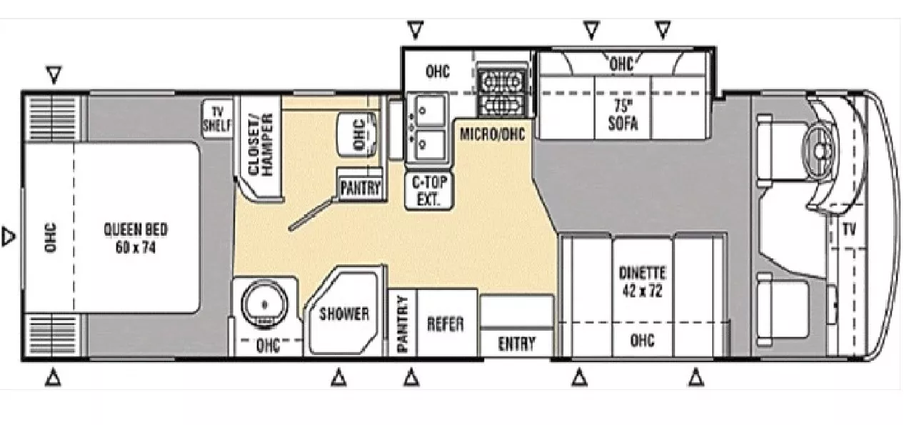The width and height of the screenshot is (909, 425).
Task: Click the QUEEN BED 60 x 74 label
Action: pyautogui.click(x=136, y=239)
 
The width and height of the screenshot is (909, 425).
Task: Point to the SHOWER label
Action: pyautogui.click(x=343, y=314)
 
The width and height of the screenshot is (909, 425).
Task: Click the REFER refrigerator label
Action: pyautogui.click(x=445, y=324)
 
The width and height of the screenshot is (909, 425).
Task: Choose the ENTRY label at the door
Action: pyautogui.click(x=516, y=344)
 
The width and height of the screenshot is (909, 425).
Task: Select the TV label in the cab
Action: pyautogui.click(x=848, y=230)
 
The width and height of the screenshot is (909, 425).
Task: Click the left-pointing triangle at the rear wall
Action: pyautogui.click(x=8, y=236)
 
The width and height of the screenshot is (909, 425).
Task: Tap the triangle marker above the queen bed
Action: pyautogui.click(x=53, y=74)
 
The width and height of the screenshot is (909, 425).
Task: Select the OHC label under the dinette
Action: pyautogui.click(x=642, y=341)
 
